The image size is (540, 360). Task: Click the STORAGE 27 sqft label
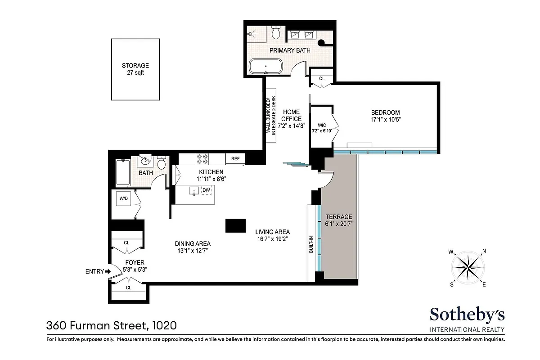click(x=135, y=69)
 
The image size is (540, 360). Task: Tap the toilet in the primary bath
click(x=277, y=34)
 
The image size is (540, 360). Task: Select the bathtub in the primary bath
click(x=266, y=67)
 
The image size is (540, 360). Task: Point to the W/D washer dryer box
click(x=123, y=198)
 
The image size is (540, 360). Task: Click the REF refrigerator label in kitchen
click(x=235, y=159)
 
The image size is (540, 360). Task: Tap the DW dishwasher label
click(x=206, y=190)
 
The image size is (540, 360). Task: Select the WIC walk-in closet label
click(x=321, y=125)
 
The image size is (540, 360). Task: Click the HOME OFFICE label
click(x=292, y=115)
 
